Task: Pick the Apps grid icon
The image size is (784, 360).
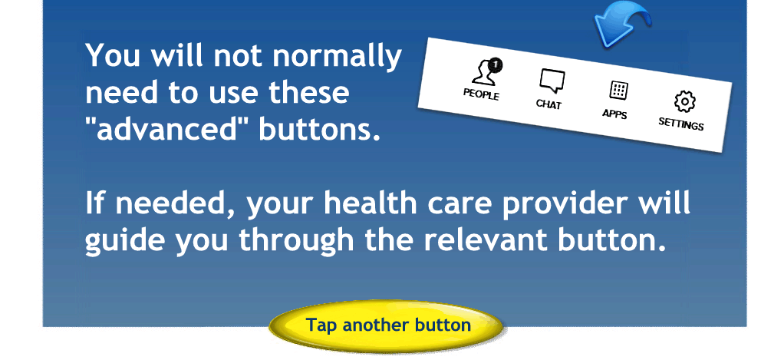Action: (618, 91)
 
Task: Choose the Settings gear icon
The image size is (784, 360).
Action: (684, 101)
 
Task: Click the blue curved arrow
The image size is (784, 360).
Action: (621, 28)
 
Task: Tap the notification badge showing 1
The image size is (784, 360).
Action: (495, 64)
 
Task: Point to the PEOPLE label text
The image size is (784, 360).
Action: (481, 94)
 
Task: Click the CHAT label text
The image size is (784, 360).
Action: (548, 104)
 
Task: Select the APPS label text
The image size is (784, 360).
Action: (614, 114)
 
